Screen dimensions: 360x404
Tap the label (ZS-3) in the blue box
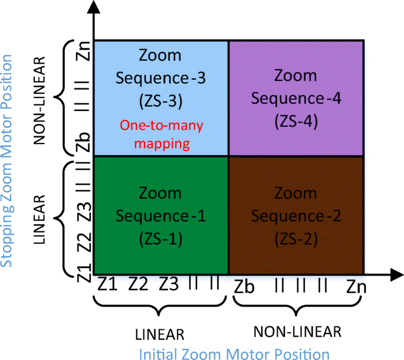[161, 101]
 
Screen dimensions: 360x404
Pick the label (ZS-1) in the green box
[161, 238]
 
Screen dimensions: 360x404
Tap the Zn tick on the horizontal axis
[356, 287]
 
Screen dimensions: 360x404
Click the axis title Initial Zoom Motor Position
[234, 354]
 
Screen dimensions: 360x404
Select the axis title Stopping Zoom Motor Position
[7, 161]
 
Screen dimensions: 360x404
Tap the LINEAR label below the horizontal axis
[160, 334]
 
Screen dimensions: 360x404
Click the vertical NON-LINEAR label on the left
[40, 100]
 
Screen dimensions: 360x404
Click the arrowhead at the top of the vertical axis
[92, 7]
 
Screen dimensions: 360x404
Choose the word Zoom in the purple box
[296, 76]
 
